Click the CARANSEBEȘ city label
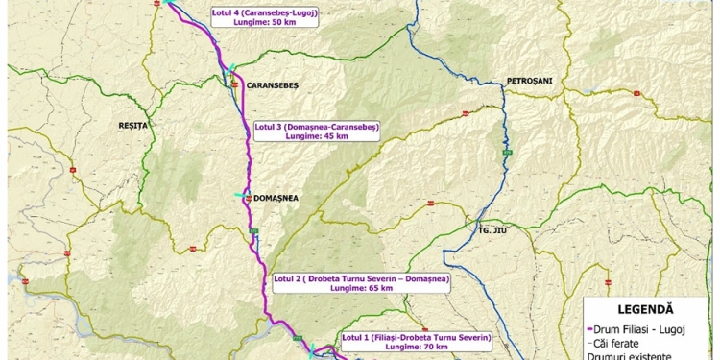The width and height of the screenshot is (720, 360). [274, 84]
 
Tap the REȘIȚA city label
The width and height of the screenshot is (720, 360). [132, 125]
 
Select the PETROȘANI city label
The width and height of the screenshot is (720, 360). [530, 81]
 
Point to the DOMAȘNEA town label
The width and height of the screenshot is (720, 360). [279, 197]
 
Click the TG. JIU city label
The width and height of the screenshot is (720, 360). [492, 230]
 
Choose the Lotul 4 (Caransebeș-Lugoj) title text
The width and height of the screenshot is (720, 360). [264, 13]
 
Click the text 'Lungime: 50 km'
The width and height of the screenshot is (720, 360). [264, 22]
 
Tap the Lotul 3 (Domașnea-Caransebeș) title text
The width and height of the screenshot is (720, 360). [317, 127]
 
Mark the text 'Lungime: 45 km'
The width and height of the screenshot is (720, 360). [317, 136]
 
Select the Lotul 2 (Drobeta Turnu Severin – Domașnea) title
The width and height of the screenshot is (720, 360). [361, 278]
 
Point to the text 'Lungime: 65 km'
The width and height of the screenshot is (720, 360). [361, 288]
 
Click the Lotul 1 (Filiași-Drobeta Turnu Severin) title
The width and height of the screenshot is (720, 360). [417, 337]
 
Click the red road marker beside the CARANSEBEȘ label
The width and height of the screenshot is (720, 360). [233, 84]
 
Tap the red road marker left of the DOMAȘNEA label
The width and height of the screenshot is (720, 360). [249, 197]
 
